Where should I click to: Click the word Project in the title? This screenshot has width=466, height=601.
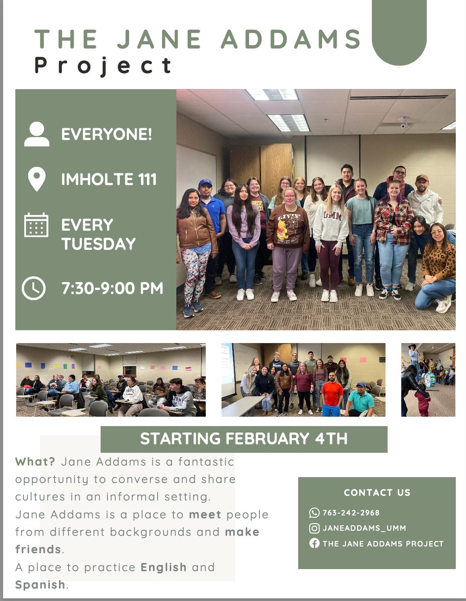[103, 66]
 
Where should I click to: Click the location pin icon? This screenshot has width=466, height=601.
[37, 179]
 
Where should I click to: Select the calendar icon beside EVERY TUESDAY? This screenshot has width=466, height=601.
[36, 225]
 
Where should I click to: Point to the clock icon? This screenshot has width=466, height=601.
[34, 288]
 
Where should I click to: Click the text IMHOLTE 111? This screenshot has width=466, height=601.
[109, 179]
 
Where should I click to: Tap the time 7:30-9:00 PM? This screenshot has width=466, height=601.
[112, 288]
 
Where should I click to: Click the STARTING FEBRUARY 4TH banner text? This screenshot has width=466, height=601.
[244, 439]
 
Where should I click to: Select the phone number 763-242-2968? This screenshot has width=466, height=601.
[351, 513]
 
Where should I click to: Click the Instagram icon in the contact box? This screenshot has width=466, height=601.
[314, 528]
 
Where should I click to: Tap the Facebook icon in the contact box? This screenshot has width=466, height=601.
[314, 544]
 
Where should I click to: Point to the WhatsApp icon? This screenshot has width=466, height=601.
[314, 513]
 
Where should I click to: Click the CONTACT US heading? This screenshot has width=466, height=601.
[377, 492]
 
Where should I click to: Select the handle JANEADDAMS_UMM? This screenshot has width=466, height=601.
[364, 528]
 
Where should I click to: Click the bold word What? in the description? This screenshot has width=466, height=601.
[35, 462]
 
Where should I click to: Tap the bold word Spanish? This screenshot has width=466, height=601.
[40, 585]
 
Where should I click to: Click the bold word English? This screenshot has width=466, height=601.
[164, 567]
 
